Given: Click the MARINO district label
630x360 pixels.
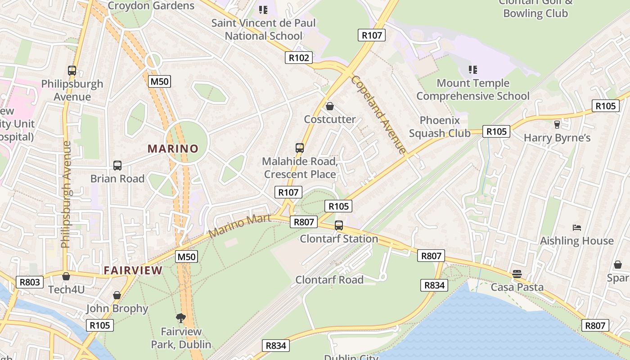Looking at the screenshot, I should point(173,148).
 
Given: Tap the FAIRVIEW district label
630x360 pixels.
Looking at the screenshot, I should point(133,270).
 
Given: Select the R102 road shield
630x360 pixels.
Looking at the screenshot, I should point(299,58).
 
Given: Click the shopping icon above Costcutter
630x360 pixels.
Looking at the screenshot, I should point(330,106).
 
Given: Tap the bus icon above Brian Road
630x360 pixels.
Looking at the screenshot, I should point(117,166).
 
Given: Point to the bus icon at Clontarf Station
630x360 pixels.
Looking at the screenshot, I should point(339,225).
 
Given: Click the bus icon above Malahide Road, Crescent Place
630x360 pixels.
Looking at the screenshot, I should point(300,148).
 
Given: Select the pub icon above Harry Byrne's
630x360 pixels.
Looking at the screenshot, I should point(557,124).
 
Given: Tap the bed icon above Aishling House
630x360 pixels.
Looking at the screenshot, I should point(577,228).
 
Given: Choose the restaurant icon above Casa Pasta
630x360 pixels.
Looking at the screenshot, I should point(517,274).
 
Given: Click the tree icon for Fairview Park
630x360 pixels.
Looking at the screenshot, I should point(181,318).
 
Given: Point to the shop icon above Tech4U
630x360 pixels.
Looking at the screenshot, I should point(66,276).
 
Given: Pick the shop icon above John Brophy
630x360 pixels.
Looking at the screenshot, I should point(117,295).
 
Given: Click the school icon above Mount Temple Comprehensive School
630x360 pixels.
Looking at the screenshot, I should point(472,70).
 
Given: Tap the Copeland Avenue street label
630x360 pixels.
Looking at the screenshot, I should point(378,114).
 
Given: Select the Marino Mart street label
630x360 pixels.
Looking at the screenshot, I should point(240,226).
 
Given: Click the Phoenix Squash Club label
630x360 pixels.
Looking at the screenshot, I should point(440,126).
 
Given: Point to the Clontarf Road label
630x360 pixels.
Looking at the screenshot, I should point(329,279).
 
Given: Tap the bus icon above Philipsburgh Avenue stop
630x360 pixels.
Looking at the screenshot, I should point(72,71).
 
